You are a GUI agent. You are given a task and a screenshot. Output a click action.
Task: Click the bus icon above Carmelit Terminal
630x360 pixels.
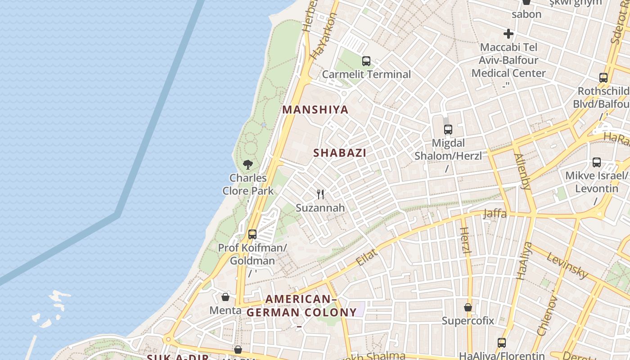(x=366, y=61)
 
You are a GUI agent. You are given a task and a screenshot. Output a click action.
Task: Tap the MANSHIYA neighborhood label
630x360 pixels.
(x=315, y=110)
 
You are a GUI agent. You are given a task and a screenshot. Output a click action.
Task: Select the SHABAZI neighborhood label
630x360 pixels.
(x=340, y=153)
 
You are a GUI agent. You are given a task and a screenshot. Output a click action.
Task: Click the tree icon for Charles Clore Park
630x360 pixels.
(x=248, y=165)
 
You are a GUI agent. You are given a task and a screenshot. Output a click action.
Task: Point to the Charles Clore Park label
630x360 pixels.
(x=248, y=184)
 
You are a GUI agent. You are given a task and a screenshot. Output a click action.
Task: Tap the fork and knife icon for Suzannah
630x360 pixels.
(x=320, y=194)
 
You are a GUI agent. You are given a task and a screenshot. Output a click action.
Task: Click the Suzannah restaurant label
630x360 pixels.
(x=320, y=208)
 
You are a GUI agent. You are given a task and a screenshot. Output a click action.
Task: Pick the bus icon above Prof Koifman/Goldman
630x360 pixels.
(x=252, y=234)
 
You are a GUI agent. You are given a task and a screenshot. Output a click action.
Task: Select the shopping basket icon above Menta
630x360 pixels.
(x=225, y=297)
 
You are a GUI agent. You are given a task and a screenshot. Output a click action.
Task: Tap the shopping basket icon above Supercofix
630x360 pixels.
(x=468, y=308)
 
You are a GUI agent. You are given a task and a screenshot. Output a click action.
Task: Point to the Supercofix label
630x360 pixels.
(x=468, y=321)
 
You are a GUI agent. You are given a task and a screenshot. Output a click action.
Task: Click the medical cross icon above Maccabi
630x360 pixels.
(x=508, y=34)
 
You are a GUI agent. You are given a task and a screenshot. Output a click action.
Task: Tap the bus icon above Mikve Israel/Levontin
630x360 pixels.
(x=597, y=162)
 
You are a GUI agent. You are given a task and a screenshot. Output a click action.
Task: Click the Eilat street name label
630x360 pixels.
(x=366, y=257)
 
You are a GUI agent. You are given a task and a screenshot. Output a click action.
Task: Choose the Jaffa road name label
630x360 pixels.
(x=495, y=214)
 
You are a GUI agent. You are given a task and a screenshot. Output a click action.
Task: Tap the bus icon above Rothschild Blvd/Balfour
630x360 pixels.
(x=603, y=78)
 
